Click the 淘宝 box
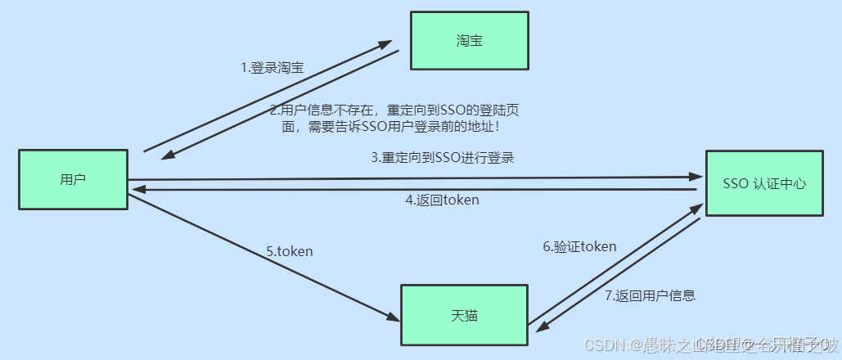click(469, 40)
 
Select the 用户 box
click(73, 179)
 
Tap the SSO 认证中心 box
click(764, 183)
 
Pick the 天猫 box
click(464, 315)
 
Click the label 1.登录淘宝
click(272, 68)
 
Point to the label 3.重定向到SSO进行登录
click(442, 158)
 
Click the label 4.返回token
click(442, 200)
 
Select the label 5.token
click(290, 252)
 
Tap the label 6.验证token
click(579, 246)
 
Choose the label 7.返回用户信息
click(650, 296)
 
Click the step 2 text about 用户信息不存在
click(395, 119)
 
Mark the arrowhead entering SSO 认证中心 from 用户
click(696, 177)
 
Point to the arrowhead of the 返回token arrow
click(138, 189)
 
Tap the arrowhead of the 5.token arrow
click(391, 317)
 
